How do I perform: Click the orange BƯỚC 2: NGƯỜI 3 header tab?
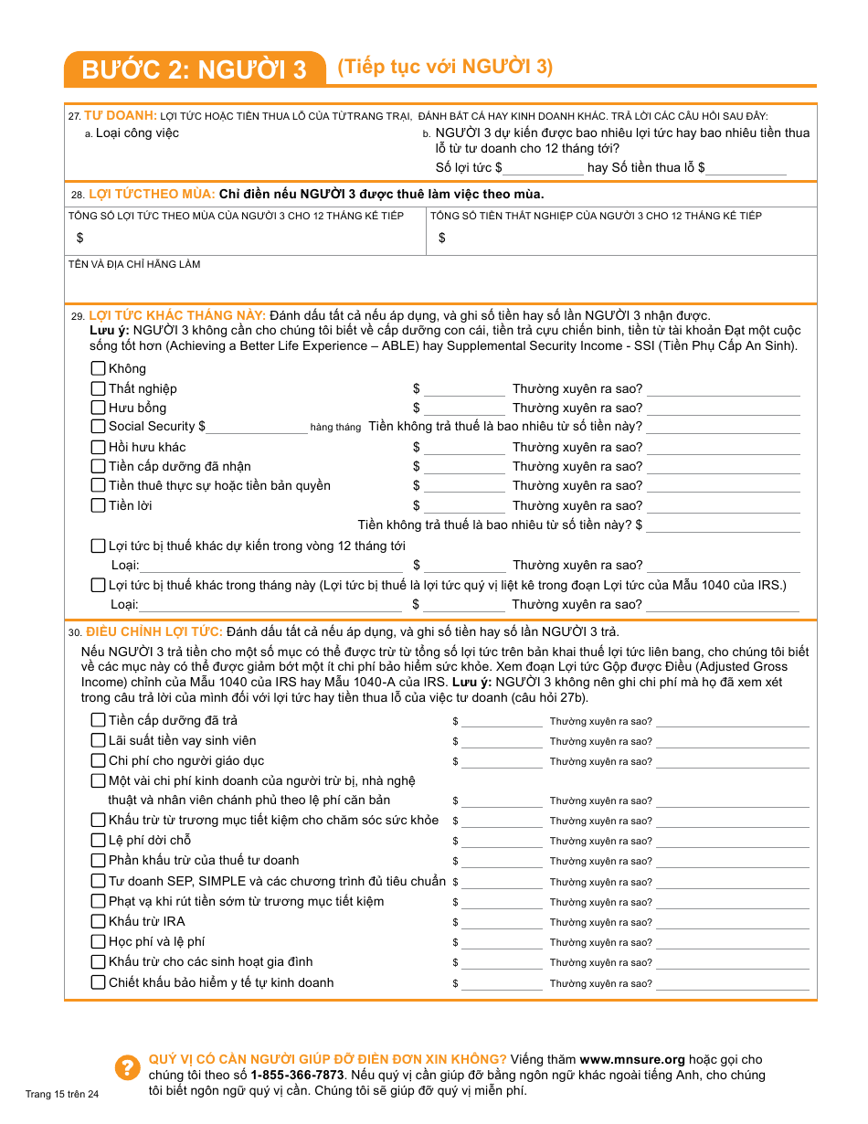(x=195, y=69)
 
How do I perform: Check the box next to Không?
(x=98, y=368)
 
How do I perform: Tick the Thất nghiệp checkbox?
(x=98, y=388)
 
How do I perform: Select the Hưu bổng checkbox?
(x=98, y=408)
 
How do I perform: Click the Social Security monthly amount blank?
(x=257, y=427)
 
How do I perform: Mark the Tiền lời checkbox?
(x=98, y=505)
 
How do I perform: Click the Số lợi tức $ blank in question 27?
(x=544, y=168)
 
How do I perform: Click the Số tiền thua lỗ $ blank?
(x=746, y=168)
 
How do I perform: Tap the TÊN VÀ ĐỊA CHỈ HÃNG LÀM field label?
(x=134, y=264)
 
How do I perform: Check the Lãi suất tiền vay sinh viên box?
(x=98, y=740)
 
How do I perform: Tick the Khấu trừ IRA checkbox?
(x=98, y=921)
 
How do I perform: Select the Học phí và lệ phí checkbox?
(x=98, y=941)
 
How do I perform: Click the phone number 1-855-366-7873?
(x=297, y=1075)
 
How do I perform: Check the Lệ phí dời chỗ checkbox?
(x=98, y=840)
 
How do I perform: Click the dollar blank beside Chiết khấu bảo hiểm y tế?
(x=501, y=984)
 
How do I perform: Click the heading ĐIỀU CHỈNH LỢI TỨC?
(x=154, y=631)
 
